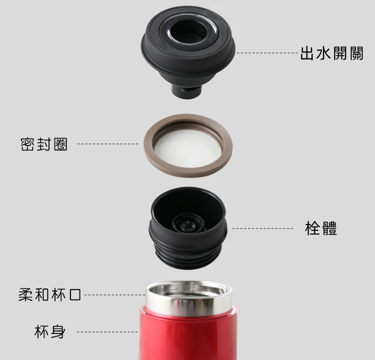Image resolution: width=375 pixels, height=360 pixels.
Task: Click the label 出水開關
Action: coord(331,53)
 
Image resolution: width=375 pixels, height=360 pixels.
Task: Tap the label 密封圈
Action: coord(44,144)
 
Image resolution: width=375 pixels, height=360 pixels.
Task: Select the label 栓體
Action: coord(321,228)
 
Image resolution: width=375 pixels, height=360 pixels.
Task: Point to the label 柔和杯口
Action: coord(49,294)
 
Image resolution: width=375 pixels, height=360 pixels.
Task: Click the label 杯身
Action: coord(49,331)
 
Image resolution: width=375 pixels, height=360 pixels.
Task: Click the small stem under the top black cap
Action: coord(186,91)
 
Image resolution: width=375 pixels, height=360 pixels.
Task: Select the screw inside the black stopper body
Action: coord(188,225)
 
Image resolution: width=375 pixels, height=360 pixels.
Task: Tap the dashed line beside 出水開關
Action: coord(267,52)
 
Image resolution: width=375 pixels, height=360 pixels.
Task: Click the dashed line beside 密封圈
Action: coord(107,144)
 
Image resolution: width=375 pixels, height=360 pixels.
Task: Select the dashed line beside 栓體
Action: coord(262,228)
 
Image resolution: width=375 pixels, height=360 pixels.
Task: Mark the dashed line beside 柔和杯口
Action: coord(115,294)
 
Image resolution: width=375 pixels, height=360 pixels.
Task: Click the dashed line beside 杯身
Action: coord(107,332)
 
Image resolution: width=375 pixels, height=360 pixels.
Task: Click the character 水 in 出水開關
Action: coord(323,53)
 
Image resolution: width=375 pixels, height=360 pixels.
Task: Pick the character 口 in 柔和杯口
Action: coord(75,294)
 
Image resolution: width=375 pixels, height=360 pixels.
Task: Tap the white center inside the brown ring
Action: coord(187,147)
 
